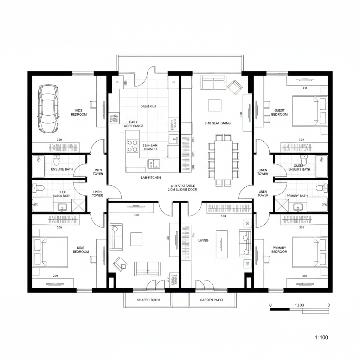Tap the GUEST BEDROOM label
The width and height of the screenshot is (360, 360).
pos(279,112)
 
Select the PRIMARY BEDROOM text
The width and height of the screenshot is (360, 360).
pos(279,250)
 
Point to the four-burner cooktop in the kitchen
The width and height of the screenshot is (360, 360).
pos(133,146)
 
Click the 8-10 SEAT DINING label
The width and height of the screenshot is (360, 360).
pos(218,123)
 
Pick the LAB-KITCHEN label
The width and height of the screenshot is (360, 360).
pos(151,178)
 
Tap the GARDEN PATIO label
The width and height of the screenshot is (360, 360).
pos(211,300)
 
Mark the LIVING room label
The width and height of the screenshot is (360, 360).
pos(203,240)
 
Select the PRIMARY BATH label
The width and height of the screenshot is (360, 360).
pos(297,196)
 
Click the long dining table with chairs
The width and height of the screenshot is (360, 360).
pos(224,160)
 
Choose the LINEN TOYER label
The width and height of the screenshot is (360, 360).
pos(98,172)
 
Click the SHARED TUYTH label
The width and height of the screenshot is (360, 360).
pos(148,300)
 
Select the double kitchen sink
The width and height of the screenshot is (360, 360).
pos(154,163)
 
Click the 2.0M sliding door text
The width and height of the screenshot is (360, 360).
pos(182,189)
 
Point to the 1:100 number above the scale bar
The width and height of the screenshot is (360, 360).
pos(299,305)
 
